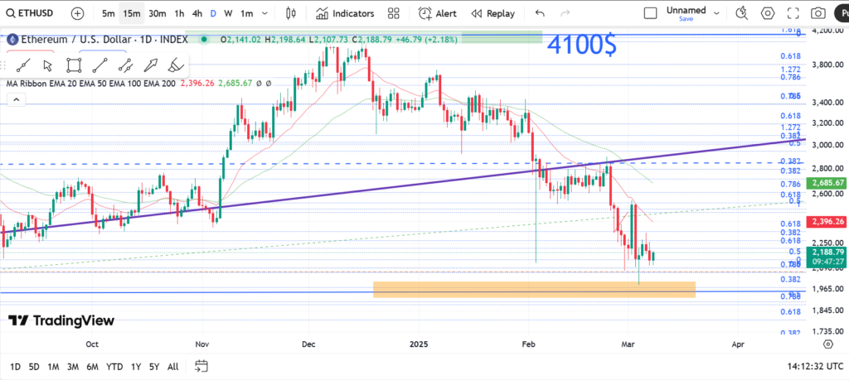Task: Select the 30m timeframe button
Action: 158,13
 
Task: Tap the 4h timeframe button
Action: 196,13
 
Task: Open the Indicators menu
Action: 345,13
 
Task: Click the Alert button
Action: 438,13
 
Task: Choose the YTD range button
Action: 114,367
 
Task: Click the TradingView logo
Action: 62,321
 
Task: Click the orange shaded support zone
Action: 533,289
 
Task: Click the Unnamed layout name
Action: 686,11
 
